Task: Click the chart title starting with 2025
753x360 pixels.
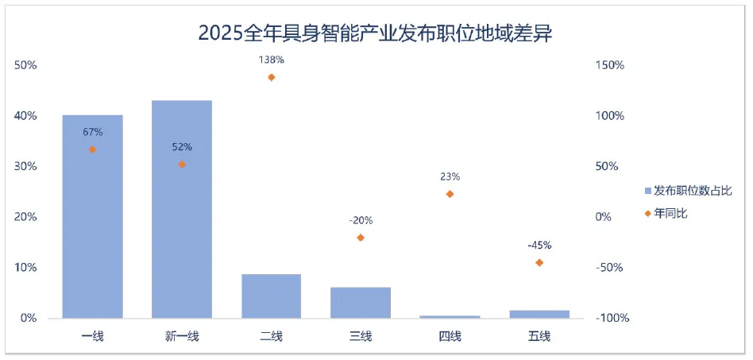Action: pyautogui.click(x=375, y=33)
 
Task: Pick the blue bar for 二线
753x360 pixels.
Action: pyautogui.click(x=272, y=296)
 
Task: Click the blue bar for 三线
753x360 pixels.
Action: pyautogui.click(x=361, y=303)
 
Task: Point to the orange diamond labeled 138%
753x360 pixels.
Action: pyautogui.click(x=272, y=77)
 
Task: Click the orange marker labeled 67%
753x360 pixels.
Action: pyautogui.click(x=93, y=149)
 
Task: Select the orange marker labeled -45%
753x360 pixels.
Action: pyautogui.click(x=539, y=262)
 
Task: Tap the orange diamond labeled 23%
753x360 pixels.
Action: pyautogui.click(x=450, y=194)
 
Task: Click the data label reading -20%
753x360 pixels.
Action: pyautogui.click(x=361, y=220)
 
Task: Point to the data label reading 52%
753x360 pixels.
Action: pyautogui.click(x=182, y=147)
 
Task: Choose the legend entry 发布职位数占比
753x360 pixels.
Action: pyautogui.click(x=688, y=191)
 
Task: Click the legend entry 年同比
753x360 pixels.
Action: pyautogui.click(x=669, y=213)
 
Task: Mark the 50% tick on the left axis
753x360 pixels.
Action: pyautogui.click(x=26, y=65)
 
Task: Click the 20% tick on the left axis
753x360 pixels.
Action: pyautogui.click(x=26, y=217)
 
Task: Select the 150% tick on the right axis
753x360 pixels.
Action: pyautogui.click(x=609, y=65)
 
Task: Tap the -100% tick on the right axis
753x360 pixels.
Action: pyautogui.click(x=612, y=318)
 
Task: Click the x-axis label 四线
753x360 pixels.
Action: pyautogui.click(x=450, y=336)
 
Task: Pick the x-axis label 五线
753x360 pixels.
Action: pyautogui.click(x=539, y=336)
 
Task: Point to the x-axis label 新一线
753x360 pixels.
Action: pyautogui.click(x=182, y=336)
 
